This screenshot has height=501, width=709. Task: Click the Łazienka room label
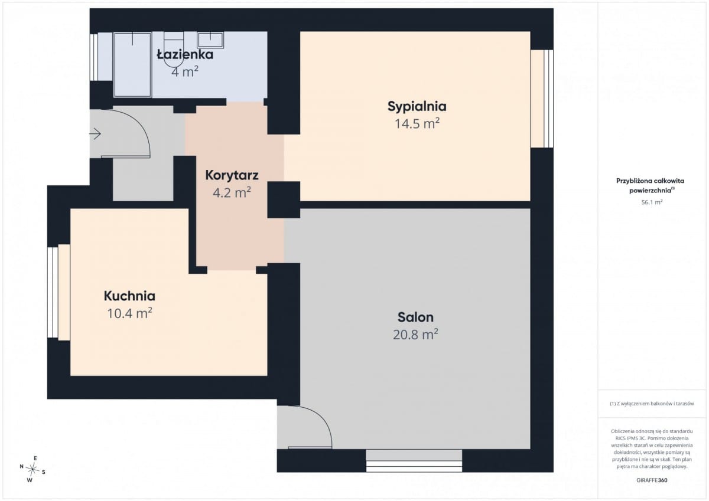pyautogui.click(x=185, y=54)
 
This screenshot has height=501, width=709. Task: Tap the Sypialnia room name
pyautogui.click(x=417, y=107)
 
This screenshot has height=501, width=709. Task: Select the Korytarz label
pyautogui.click(x=232, y=175)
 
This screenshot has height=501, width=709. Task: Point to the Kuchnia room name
pyautogui.click(x=129, y=296)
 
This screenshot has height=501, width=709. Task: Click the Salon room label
pyautogui.click(x=415, y=317)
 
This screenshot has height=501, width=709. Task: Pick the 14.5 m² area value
pyautogui.click(x=417, y=123)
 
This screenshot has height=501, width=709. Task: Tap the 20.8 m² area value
pyautogui.click(x=415, y=334)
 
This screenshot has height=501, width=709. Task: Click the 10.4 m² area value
pyautogui.click(x=129, y=313)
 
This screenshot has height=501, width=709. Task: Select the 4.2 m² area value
pyautogui.click(x=232, y=192)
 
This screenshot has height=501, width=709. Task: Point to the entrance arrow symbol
pyautogui.click(x=95, y=134)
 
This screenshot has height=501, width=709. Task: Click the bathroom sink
pyautogui.click(x=210, y=40)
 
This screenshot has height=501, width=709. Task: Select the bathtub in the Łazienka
pyautogui.click(x=132, y=64)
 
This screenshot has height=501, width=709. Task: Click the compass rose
pyautogui.click(x=32, y=469)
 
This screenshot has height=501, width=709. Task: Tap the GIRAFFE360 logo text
pyautogui.click(x=652, y=480)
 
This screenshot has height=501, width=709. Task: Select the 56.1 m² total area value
pyautogui.click(x=652, y=202)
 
